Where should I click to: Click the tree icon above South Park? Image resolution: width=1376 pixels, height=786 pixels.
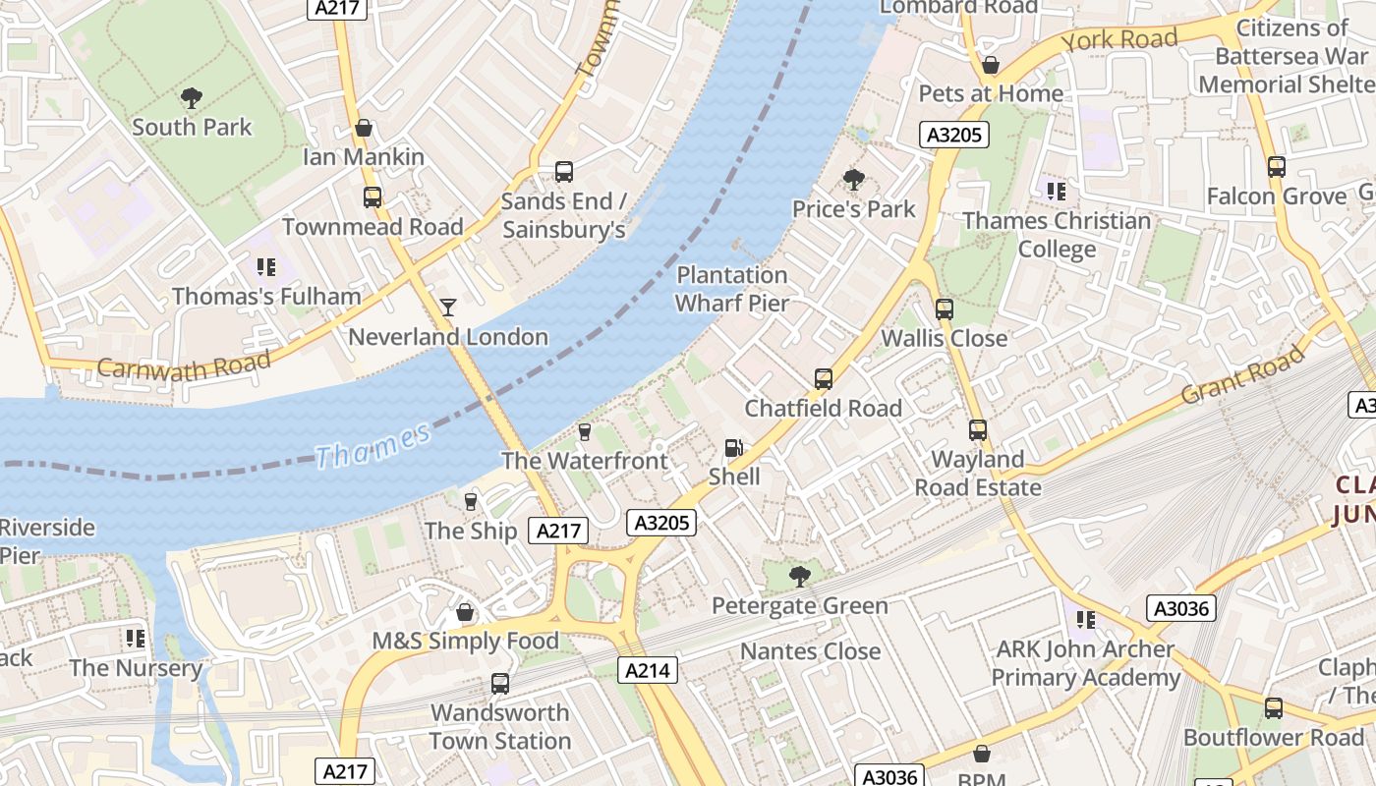(x=192, y=97)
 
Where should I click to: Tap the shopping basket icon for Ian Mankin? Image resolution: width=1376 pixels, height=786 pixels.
(x=364, y=128)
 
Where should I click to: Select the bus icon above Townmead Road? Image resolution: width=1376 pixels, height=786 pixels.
(x=372, y=197)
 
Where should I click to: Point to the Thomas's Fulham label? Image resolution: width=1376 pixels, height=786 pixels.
(x=266, y=296)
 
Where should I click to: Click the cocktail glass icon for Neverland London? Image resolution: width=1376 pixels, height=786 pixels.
(x=448, y=308)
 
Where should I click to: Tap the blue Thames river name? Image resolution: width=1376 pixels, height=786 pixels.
(x=373, y=447)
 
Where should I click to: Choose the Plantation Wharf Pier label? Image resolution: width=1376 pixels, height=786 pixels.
(x=732, y=289)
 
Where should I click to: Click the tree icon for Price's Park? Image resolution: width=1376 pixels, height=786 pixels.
(x=853, y=180)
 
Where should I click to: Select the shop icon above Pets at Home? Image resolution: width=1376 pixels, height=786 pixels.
(x=991, y=65)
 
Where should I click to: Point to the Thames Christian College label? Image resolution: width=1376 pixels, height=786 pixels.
(x=1057, y=235)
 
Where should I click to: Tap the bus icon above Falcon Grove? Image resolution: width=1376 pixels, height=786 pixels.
(x=1276, y=167)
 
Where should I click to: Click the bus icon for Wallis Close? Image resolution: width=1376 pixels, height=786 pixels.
(x=944, y=309)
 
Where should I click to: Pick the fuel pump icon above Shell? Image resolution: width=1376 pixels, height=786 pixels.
(x=733, y=448)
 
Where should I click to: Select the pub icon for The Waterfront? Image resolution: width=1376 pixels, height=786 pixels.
(x=585, y=432)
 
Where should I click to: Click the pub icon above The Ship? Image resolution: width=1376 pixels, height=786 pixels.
(x=471, y=502)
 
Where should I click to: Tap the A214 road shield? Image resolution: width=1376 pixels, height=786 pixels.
(x=648, y=670)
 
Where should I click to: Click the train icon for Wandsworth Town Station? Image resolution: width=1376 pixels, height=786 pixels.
(x=499, y=684)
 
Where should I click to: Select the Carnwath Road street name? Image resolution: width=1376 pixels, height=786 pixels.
(x=184, y=365)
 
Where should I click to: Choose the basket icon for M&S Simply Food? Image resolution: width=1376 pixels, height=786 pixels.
(x=465, y=613)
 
